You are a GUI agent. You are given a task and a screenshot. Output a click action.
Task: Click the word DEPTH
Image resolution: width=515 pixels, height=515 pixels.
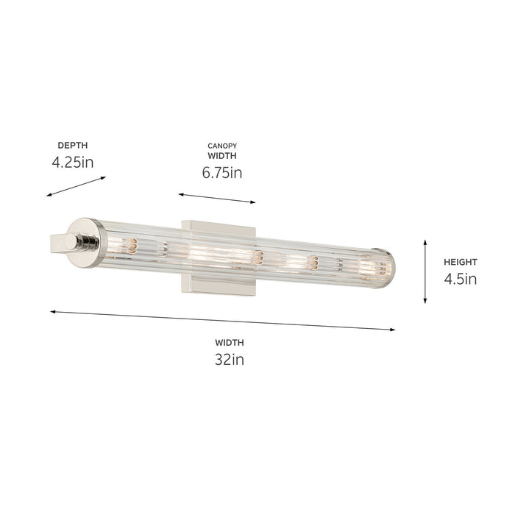pyautogui.click(x=71, y=146)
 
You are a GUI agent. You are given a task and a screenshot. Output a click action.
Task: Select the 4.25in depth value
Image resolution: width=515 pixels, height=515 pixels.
pyautogui.click(x=73, y=163)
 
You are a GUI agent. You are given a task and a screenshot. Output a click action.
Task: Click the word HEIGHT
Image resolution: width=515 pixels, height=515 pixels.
pyautogui.click(x=460, y=262)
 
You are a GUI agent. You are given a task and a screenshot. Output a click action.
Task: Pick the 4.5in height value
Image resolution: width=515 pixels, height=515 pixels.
pyautogui.click(x=461, y=279)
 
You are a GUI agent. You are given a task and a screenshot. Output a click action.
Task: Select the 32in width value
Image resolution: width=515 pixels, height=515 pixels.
pyautogui.click(x=229, y=359)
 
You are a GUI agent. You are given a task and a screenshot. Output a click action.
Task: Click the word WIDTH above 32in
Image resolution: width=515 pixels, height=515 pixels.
pyautogui.click(x=230, y=342)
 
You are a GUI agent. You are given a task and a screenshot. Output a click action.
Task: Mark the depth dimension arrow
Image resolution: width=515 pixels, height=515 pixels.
pyautogui.click(x=77, y=186)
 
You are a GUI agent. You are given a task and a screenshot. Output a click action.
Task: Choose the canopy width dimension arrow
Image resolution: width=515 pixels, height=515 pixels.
pyautogui.click(x=216, y=199)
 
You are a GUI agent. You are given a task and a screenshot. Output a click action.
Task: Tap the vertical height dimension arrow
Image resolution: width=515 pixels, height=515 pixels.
pyautogui.click(x=425, y=271)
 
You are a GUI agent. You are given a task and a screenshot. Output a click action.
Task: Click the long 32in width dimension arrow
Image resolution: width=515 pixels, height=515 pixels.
pyautogui.click(x=223, y=321)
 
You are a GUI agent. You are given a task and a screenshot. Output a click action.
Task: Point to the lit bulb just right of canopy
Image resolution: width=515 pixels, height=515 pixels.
pyautogui.click(x=294, y=261)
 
